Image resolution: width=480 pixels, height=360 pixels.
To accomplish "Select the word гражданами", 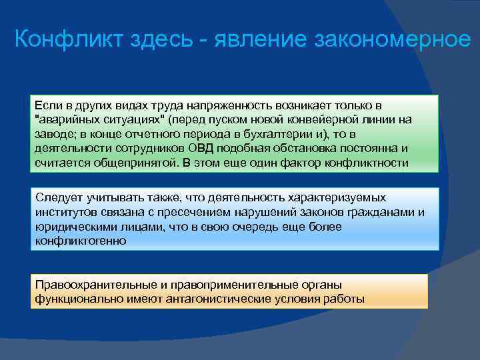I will (x=379, y=212).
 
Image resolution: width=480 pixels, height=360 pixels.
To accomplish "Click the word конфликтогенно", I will (x=79, y=241).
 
